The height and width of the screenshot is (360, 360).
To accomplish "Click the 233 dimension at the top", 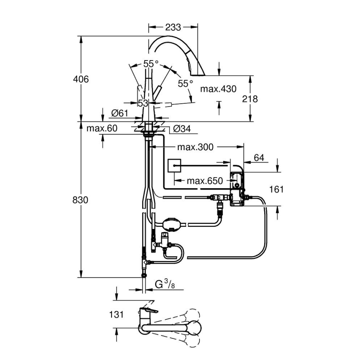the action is pyautogui.click(x=173, y=27).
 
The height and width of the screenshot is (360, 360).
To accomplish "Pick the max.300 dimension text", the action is pyautogui.click(x=195, y=147).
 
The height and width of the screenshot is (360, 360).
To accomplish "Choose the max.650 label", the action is pyautogui.click(x=204, y=180).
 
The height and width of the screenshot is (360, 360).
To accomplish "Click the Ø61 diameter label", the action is pyautogui.click(x=119, y=113).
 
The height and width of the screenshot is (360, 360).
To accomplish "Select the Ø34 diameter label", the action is pyautogui.click(x=181, y=129).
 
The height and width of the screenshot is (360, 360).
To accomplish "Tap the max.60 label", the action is pyautogui.click(x=102, y=129).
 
